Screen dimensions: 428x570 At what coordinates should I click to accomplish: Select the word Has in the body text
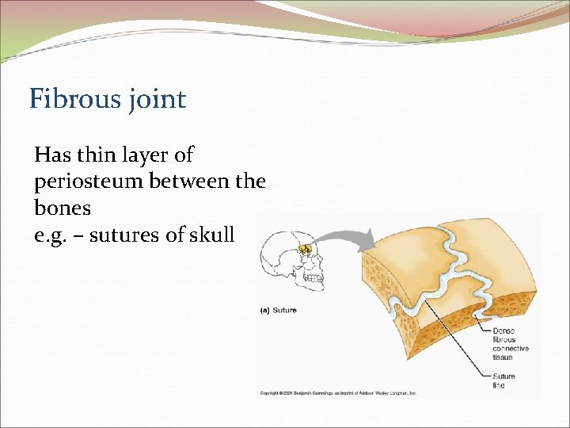tap(53, 155)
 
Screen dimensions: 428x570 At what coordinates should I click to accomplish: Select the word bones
tap(63, 208)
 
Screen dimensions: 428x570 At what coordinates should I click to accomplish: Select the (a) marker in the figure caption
tap(265, 310)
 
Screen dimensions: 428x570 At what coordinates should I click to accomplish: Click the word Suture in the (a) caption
tap(284, 310)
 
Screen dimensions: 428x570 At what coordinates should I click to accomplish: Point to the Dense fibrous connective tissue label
tap(511, 344)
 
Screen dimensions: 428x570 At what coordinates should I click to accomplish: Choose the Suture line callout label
tap(503, 380)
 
